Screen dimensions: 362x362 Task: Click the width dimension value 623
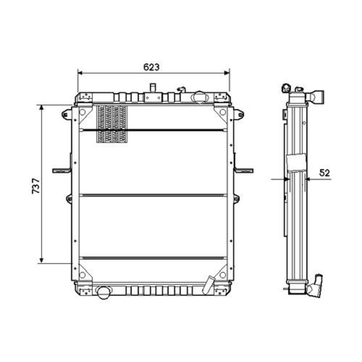pos(151,67)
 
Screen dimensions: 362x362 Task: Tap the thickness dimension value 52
pos(325,173)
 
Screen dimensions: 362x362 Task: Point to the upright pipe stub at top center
pos(153,88)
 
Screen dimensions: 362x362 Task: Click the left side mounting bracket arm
pos(61,170)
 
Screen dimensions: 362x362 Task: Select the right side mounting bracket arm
pos(244,170)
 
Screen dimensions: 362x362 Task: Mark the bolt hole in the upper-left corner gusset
pos(82,112)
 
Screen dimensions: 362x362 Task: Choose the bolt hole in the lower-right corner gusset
pos(222,275)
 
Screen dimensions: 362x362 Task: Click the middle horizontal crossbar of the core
pos(153,195)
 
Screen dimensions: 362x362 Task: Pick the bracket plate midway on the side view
pos(296,163)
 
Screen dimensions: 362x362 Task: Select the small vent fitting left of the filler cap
pos(181,89)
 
